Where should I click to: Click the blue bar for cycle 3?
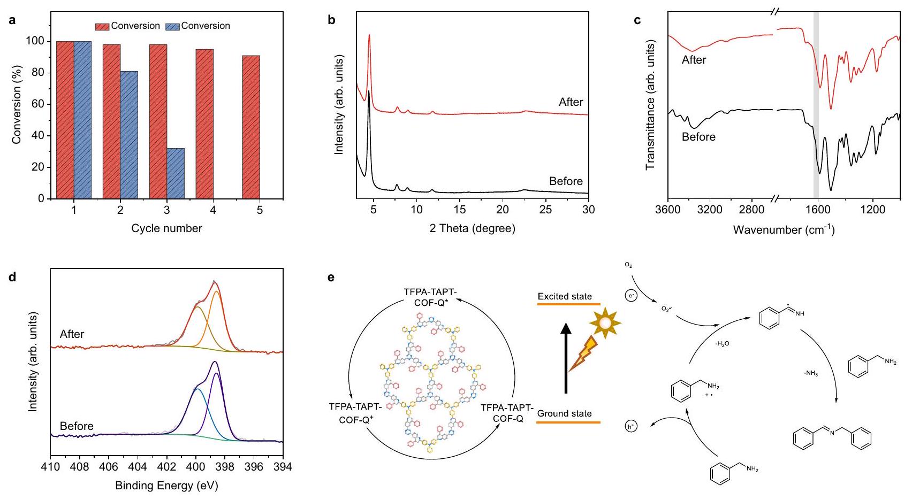176,173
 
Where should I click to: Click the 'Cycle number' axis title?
166,228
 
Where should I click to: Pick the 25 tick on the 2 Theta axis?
545,209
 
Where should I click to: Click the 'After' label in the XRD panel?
571,102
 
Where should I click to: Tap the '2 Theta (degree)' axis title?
472,229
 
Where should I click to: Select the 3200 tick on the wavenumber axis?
710,209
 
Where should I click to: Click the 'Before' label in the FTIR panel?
698,137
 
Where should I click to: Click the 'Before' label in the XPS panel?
77,426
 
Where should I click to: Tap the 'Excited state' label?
565,296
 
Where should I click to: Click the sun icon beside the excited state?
605,323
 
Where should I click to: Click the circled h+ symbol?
632,426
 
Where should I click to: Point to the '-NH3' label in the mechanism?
811,374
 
